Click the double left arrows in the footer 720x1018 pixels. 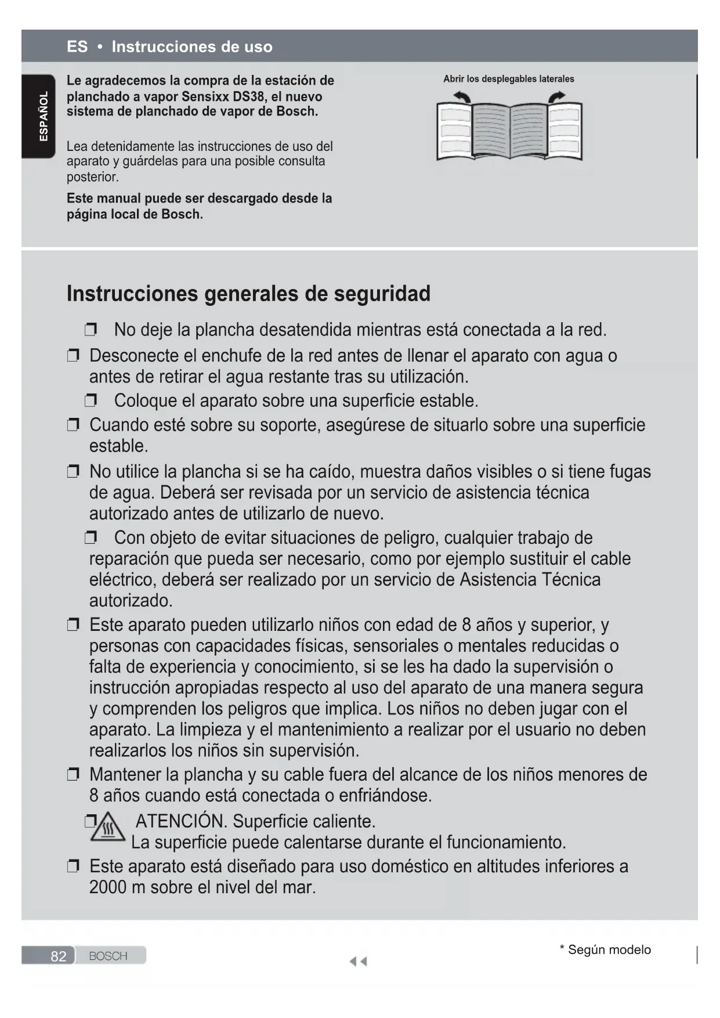tap(358, 962)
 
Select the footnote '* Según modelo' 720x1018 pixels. tap(605, 950)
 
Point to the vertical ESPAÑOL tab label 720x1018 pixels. tap(44, 116)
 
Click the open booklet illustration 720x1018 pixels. tap(509, 131)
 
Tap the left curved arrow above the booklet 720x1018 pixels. tap(462, 97)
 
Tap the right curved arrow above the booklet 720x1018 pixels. tap(556, 97)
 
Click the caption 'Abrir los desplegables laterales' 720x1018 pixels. tap(508, 79)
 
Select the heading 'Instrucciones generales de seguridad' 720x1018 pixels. tap(248, 294)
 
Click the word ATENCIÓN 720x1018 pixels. tap(180, 821)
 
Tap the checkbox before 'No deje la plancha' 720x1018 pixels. tap(91, 330)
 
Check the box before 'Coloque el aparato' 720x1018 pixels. tap(91, 400)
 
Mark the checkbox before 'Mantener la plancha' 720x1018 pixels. tap(73, 774)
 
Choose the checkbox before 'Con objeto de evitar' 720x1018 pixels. tap(91, 538)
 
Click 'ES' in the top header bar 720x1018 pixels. tap(77, 46)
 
